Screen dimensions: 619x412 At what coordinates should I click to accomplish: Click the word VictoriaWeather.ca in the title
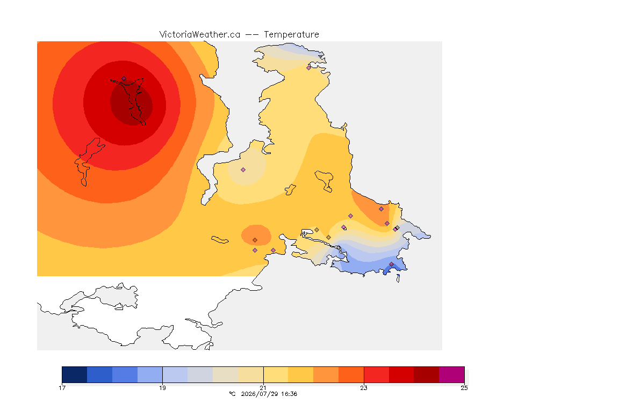(x=200, y=35)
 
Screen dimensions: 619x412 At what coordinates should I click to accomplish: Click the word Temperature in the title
(x=291, y=35)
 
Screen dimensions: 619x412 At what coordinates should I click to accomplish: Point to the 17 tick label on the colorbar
(x=62, y=388)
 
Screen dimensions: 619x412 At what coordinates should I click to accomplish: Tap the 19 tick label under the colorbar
(x=163, y=388)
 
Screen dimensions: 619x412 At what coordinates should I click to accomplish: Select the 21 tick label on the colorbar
(x=263, y=388)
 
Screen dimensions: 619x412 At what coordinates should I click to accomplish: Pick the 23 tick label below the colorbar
(x=364, y=388)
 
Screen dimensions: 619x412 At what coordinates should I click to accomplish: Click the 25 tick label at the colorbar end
(x=464, y=388)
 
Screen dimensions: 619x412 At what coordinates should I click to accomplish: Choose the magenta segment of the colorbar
(x=451, y=374)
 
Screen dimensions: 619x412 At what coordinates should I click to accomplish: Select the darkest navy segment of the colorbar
(x=75, y=374)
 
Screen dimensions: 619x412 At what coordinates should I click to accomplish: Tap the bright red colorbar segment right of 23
(x=376, y=374)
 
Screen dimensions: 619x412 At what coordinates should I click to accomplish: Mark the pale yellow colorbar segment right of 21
(x=276, y=374)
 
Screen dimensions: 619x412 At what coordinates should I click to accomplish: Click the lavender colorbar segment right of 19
(x=175, y=374)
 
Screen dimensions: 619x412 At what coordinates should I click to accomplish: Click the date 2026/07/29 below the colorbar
(x=258, y=394)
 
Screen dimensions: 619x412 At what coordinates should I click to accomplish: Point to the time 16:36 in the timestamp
(x=289, y=394)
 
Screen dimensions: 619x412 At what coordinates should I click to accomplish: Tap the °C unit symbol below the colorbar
(x=233, y=394)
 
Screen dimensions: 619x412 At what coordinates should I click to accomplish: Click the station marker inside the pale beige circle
(x=243, y=170)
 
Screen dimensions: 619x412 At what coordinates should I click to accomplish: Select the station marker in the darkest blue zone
(x=391, y=264)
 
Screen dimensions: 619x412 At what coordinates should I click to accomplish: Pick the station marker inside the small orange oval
(x=255, y=240)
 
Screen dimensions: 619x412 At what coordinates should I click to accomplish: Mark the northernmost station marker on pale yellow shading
(x=309, y=68)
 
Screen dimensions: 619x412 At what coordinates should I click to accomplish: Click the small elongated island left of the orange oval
(x=220, y=240)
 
